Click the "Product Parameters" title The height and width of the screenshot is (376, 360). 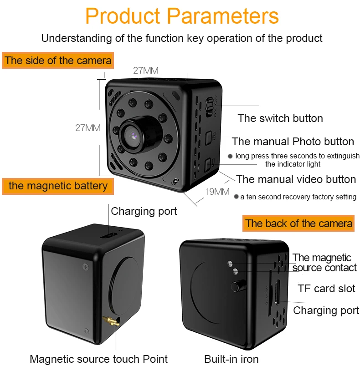(x=182, y=16)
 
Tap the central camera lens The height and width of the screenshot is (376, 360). (x=133, y=137)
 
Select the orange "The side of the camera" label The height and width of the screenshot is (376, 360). (x=58, y=61)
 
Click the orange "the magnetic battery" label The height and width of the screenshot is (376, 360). (x=58, y=186)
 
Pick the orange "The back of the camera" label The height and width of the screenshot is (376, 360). (x=298, y=223)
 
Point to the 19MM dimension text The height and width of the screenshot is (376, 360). (x=217, y=192)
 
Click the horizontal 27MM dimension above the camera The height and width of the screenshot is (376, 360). (x=146, y=71)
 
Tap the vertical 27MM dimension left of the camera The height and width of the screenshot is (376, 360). (x=88, y=128)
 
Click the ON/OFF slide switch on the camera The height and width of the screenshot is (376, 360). (x=210, y=107)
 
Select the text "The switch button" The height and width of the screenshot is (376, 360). (x=280, y=118)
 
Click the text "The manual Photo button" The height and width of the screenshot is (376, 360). (x=293, y=142)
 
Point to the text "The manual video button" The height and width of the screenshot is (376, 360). (x=296, y=179)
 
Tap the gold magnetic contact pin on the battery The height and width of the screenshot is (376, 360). (x=111, y=321)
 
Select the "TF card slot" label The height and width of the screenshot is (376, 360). (x=326, y=289)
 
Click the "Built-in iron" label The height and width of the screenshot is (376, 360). (x=231, y=359)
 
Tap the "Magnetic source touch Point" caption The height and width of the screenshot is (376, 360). (x=98, y=359)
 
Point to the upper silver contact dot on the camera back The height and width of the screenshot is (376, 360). (x=230, y=264)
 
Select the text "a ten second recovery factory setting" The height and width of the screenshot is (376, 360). (x=298, y=197)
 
